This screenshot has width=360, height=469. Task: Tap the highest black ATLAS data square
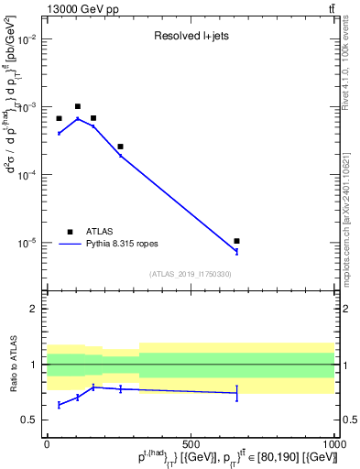coord(78,107)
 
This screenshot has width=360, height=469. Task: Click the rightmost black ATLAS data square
coord(236,241)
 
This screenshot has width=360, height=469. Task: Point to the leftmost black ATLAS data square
coord(59,118)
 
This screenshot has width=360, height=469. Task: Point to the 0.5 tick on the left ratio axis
coord(30,420)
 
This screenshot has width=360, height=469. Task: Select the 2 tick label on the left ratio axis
coord(35,310)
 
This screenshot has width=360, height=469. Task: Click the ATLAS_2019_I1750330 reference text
coord(190,274)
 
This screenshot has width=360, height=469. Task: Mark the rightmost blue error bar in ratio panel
coord(236,393)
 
